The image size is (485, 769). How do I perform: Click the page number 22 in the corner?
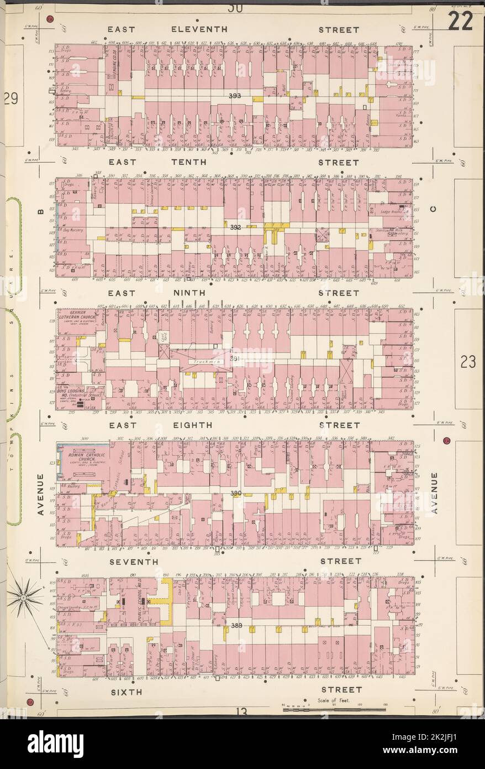[460, 22]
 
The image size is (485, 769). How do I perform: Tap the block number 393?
[236, 96]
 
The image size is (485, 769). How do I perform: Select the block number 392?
[236, 227]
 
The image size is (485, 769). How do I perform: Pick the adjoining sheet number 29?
[10, 99]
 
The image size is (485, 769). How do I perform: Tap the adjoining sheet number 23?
[468, 362]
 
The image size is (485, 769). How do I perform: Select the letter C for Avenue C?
[433, 209]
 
